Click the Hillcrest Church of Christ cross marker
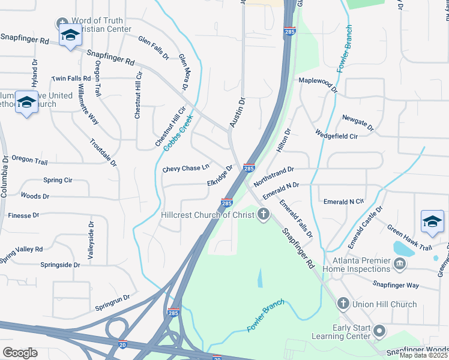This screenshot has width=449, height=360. (x=264, y=215)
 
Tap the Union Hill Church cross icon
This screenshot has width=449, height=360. (x=343, y=304)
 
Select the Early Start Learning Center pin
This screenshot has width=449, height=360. (x=379, y=331)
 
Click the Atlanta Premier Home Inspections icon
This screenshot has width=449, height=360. (x=399, y=263)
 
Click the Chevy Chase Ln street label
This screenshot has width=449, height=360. (x=186, y=169)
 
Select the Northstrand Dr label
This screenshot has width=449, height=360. (x=273, y=176)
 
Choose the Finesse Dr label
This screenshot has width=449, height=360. (x=23, y=215)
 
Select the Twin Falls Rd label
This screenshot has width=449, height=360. (x=71, y=79)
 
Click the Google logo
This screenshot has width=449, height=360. (x=20, y=352)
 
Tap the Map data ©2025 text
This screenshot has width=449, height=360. (x=423, y=355)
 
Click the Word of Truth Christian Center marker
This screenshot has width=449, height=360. (x=62, y=25)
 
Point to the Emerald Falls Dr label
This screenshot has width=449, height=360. (x=295, y=218)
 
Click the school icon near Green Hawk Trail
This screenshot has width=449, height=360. (x=432, y=221)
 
